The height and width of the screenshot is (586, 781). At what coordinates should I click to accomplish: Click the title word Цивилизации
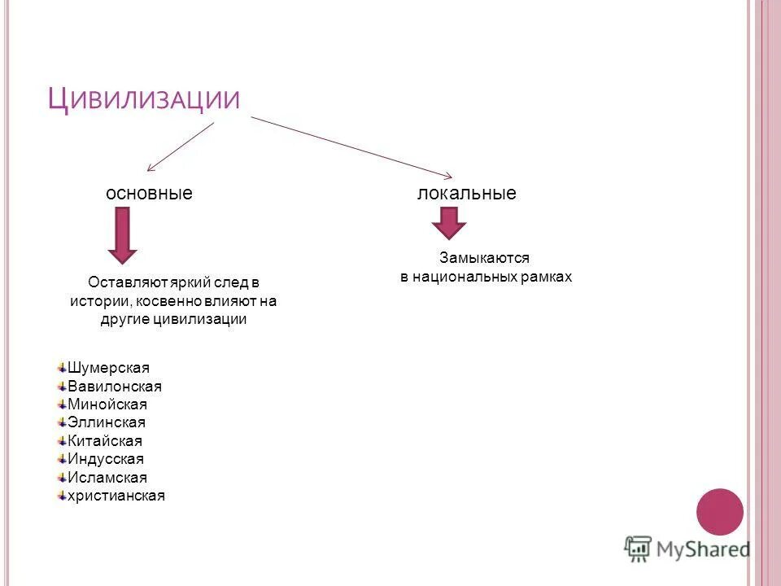[144, 99]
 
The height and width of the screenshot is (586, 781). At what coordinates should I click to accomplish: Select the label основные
[149, 194]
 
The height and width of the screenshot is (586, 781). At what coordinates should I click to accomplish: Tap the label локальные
[467, 194]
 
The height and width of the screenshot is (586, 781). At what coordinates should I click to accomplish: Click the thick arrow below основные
[122, 234]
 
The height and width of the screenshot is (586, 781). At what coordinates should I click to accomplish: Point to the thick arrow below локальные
[448, 222]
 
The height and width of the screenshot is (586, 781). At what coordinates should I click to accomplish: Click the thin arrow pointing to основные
[181, 146]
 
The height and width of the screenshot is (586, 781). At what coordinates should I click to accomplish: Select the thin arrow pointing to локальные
[351, 147]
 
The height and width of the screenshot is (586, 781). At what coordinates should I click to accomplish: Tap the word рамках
[548, 277]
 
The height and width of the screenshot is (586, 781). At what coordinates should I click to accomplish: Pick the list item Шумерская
[109, 368]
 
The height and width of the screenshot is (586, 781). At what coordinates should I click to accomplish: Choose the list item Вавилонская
[115, 387]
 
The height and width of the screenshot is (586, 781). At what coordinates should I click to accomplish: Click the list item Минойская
[108, 405]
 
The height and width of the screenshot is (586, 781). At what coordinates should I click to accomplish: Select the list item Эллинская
[107, 422]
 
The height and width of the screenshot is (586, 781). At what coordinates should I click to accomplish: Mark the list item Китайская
[105, 441]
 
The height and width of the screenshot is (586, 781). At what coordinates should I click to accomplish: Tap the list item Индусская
[106, 459]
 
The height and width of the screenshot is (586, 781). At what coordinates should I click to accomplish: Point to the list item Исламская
[107, 478]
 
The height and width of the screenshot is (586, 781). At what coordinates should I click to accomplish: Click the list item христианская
[116, 496]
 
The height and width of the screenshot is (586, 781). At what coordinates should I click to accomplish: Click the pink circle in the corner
[720, 511]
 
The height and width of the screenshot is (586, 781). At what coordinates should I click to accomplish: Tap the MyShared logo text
[704, 549]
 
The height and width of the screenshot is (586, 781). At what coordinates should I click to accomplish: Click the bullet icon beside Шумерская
[62, 368]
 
